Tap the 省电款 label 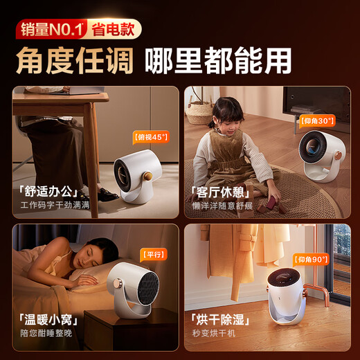point(114,29)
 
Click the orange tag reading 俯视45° point(150,137)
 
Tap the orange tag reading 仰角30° point(318,120)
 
